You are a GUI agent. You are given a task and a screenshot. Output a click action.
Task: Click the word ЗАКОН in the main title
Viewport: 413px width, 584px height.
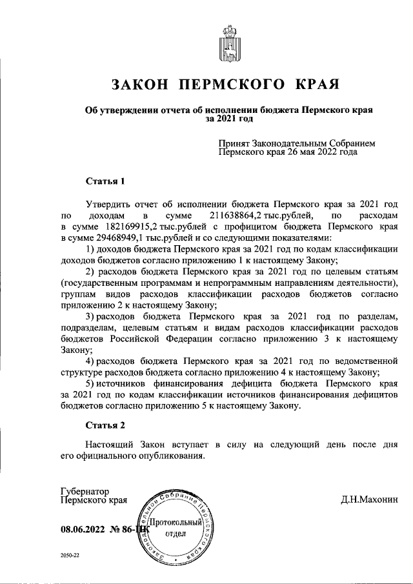pos(140,85)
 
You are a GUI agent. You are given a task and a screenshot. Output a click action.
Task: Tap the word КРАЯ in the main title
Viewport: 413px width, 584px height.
pos(317,85)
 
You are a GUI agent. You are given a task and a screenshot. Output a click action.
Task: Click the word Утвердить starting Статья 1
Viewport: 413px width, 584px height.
pos(108,202)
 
